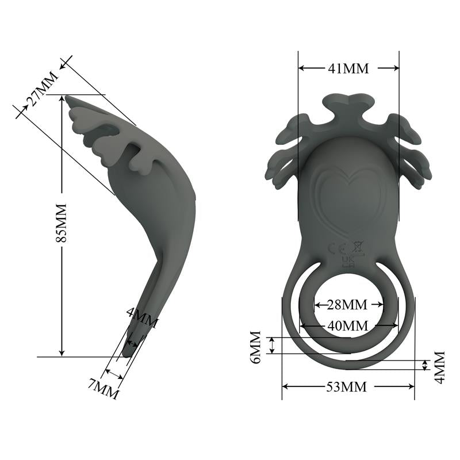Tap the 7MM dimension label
(x=103, y=389)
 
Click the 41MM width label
(x=348, y=68)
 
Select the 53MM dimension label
(x=348, y=386)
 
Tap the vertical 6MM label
(x=256, y=347)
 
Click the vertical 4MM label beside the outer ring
(x=439, y=366)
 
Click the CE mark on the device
(x=335, y=248)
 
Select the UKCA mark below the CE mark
(x=348, y=262)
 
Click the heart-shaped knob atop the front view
(x=348, y=102)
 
